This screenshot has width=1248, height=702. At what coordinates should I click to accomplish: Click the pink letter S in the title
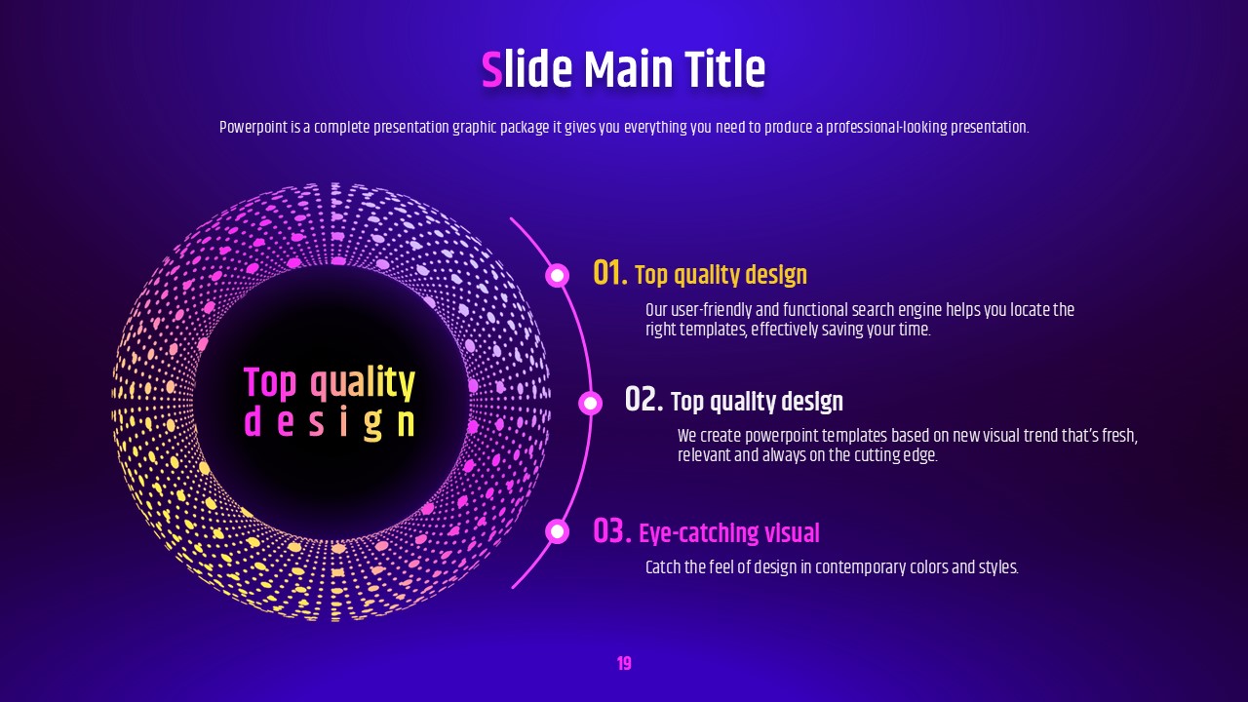pos(492,69)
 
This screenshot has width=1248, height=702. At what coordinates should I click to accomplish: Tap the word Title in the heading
pos(724,69)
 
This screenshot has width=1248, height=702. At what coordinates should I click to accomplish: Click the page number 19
pos(624,664)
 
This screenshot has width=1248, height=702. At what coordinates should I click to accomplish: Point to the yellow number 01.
pos(610,273)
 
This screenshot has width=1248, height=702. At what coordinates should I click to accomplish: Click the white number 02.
pos(643,399)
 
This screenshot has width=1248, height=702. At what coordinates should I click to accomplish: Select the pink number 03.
pos(611,530)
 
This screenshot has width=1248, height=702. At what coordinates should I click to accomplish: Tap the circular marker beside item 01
pos(557,275)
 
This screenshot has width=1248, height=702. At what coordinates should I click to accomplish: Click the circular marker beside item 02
pos(590,403)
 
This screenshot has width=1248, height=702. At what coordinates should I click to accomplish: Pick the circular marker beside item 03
pos(557,531)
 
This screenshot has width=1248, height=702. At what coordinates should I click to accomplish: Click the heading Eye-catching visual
pos(729,533)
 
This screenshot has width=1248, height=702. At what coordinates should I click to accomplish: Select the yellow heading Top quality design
pos(721,275)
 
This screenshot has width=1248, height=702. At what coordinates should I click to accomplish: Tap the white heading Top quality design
pos(757,402)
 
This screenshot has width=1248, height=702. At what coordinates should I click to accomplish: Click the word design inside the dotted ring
pos(330,423)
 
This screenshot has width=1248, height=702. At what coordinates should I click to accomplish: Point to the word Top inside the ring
pos(270,383)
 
